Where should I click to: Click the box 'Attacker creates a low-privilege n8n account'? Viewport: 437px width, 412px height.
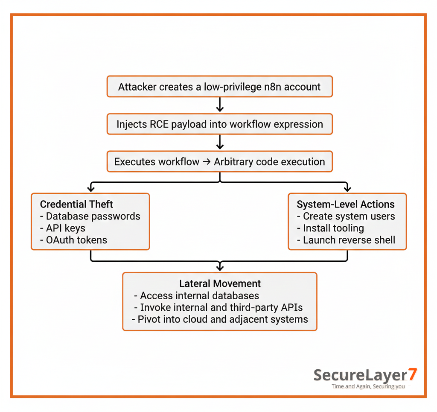click(219, 87)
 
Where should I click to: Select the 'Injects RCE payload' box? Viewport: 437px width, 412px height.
click(219, 124)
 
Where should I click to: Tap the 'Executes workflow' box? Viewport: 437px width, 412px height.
click(219, 162)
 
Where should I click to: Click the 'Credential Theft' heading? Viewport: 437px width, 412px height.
click(77, 204)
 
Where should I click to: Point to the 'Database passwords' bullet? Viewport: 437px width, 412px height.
click(93, 216)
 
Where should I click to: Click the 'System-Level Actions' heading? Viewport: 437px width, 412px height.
click(345, 205)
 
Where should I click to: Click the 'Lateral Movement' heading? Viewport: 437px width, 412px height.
click(220, 283)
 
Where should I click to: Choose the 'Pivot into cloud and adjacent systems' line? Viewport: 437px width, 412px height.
click(220, 319)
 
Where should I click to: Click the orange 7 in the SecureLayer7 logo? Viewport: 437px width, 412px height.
click(412, 374)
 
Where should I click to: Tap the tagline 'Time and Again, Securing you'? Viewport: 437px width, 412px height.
click(368, 386)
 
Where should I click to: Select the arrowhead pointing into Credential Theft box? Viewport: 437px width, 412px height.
click(90, 188)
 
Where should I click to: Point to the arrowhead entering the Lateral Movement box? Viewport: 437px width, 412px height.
click(220, 268)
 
